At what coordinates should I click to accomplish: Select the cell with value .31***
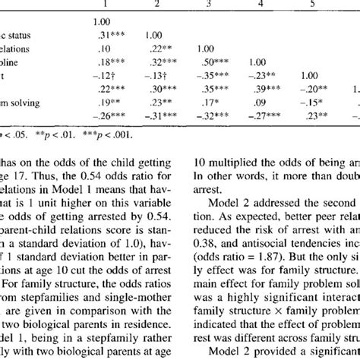click(102, 34)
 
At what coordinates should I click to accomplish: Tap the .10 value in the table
click(96, 48)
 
